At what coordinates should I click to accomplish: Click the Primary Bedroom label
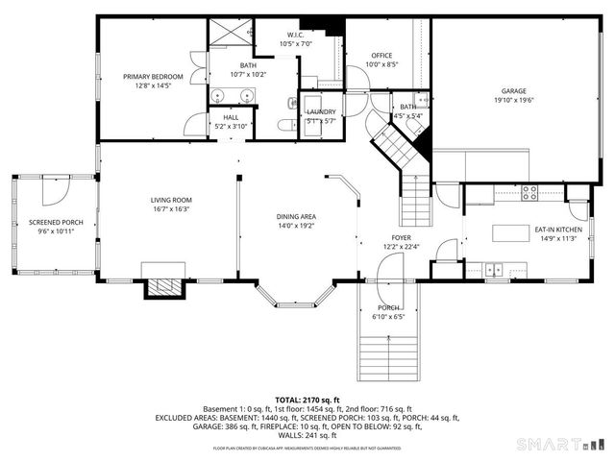(x=153, y=76)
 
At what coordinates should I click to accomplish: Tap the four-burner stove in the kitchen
(x=529, y=190)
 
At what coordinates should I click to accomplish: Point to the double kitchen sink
(x=494, y=268)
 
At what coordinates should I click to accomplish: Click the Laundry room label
(x=321, y=111)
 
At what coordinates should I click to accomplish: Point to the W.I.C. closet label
(x=295, y=35)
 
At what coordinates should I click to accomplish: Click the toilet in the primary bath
(x=285, y=124)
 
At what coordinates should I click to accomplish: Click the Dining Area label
(x=297, y=217)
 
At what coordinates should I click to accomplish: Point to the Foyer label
(x=401, y=236)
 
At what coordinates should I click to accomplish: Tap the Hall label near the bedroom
(x=231, y=117)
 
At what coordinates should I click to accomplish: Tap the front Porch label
(x=387, y=308)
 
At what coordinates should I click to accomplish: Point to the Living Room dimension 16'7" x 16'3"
(x=169, y=208)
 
